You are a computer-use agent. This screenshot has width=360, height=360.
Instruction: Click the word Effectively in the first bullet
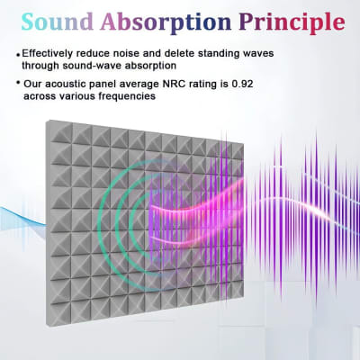tap(50, 53)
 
